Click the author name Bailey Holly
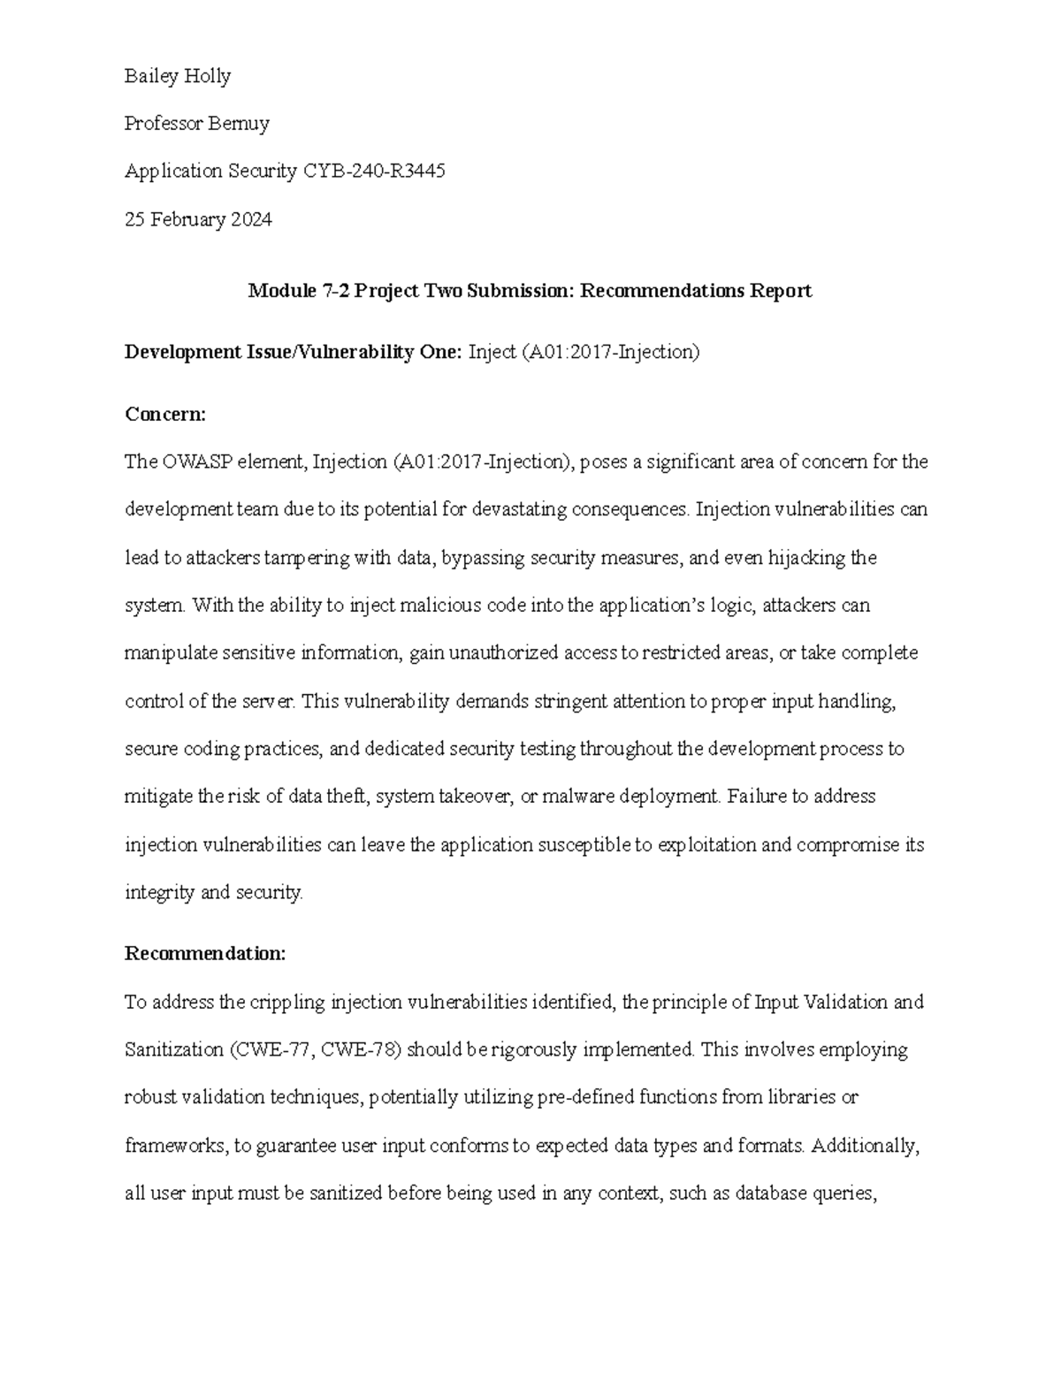click(178, 77)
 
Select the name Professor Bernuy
click(196, 124)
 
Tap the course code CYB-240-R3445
click(374, 172)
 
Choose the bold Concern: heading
click(165, 414)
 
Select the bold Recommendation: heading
click(205, 954)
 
